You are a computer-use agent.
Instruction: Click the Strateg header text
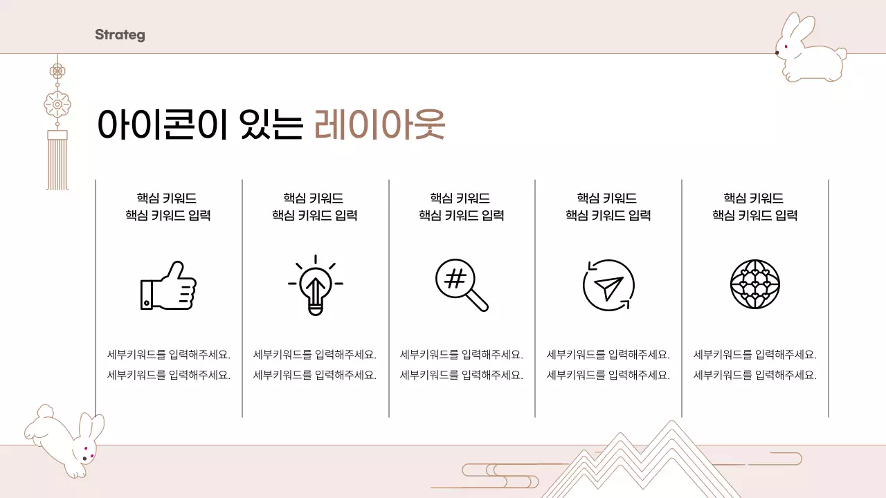[120, 35]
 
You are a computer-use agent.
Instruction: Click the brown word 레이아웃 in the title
[379, 125]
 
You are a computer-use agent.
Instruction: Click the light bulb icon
[316, 285]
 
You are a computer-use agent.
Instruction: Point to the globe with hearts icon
[755, 285]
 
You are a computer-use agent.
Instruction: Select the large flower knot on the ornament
[57, 104]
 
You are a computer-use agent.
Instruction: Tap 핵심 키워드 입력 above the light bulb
[315, 216]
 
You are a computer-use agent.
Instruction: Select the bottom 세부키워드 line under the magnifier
[462, 376]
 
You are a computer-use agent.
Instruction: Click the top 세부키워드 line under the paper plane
[608, 355]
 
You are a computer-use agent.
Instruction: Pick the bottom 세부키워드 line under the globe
[755, 376]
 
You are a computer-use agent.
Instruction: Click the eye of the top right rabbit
[778, 52]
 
